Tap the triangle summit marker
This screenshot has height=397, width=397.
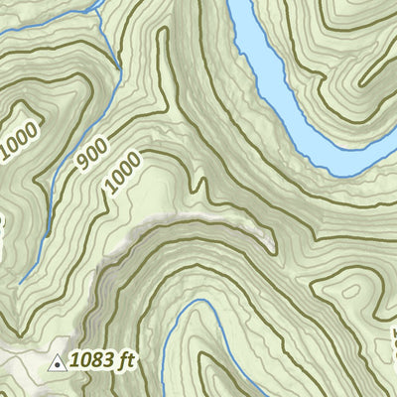[59, 363]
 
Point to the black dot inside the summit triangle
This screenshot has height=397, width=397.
[59, 364]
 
